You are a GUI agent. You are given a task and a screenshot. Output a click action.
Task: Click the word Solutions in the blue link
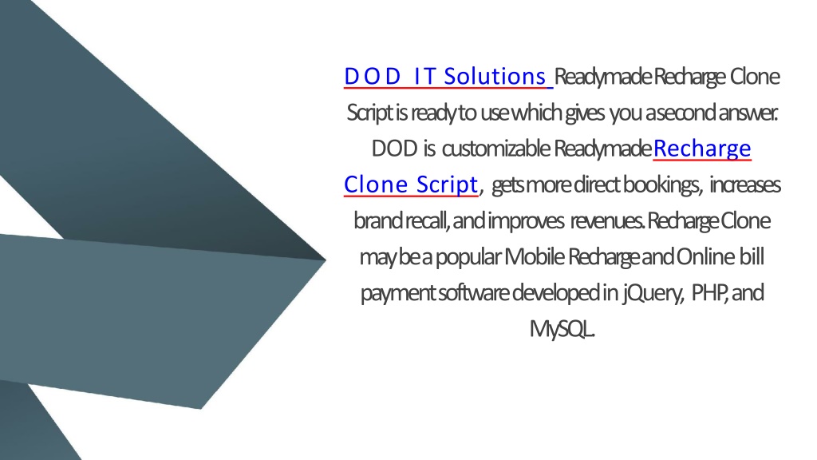tap(495, 77)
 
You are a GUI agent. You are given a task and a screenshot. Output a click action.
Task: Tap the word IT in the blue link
tap(424, 77)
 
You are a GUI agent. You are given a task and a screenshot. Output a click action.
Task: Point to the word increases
tap(745, 185)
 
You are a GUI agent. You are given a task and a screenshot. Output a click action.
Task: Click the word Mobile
tap(534, 257)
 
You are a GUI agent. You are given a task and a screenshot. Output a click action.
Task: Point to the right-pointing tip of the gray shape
tap(326, 260)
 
